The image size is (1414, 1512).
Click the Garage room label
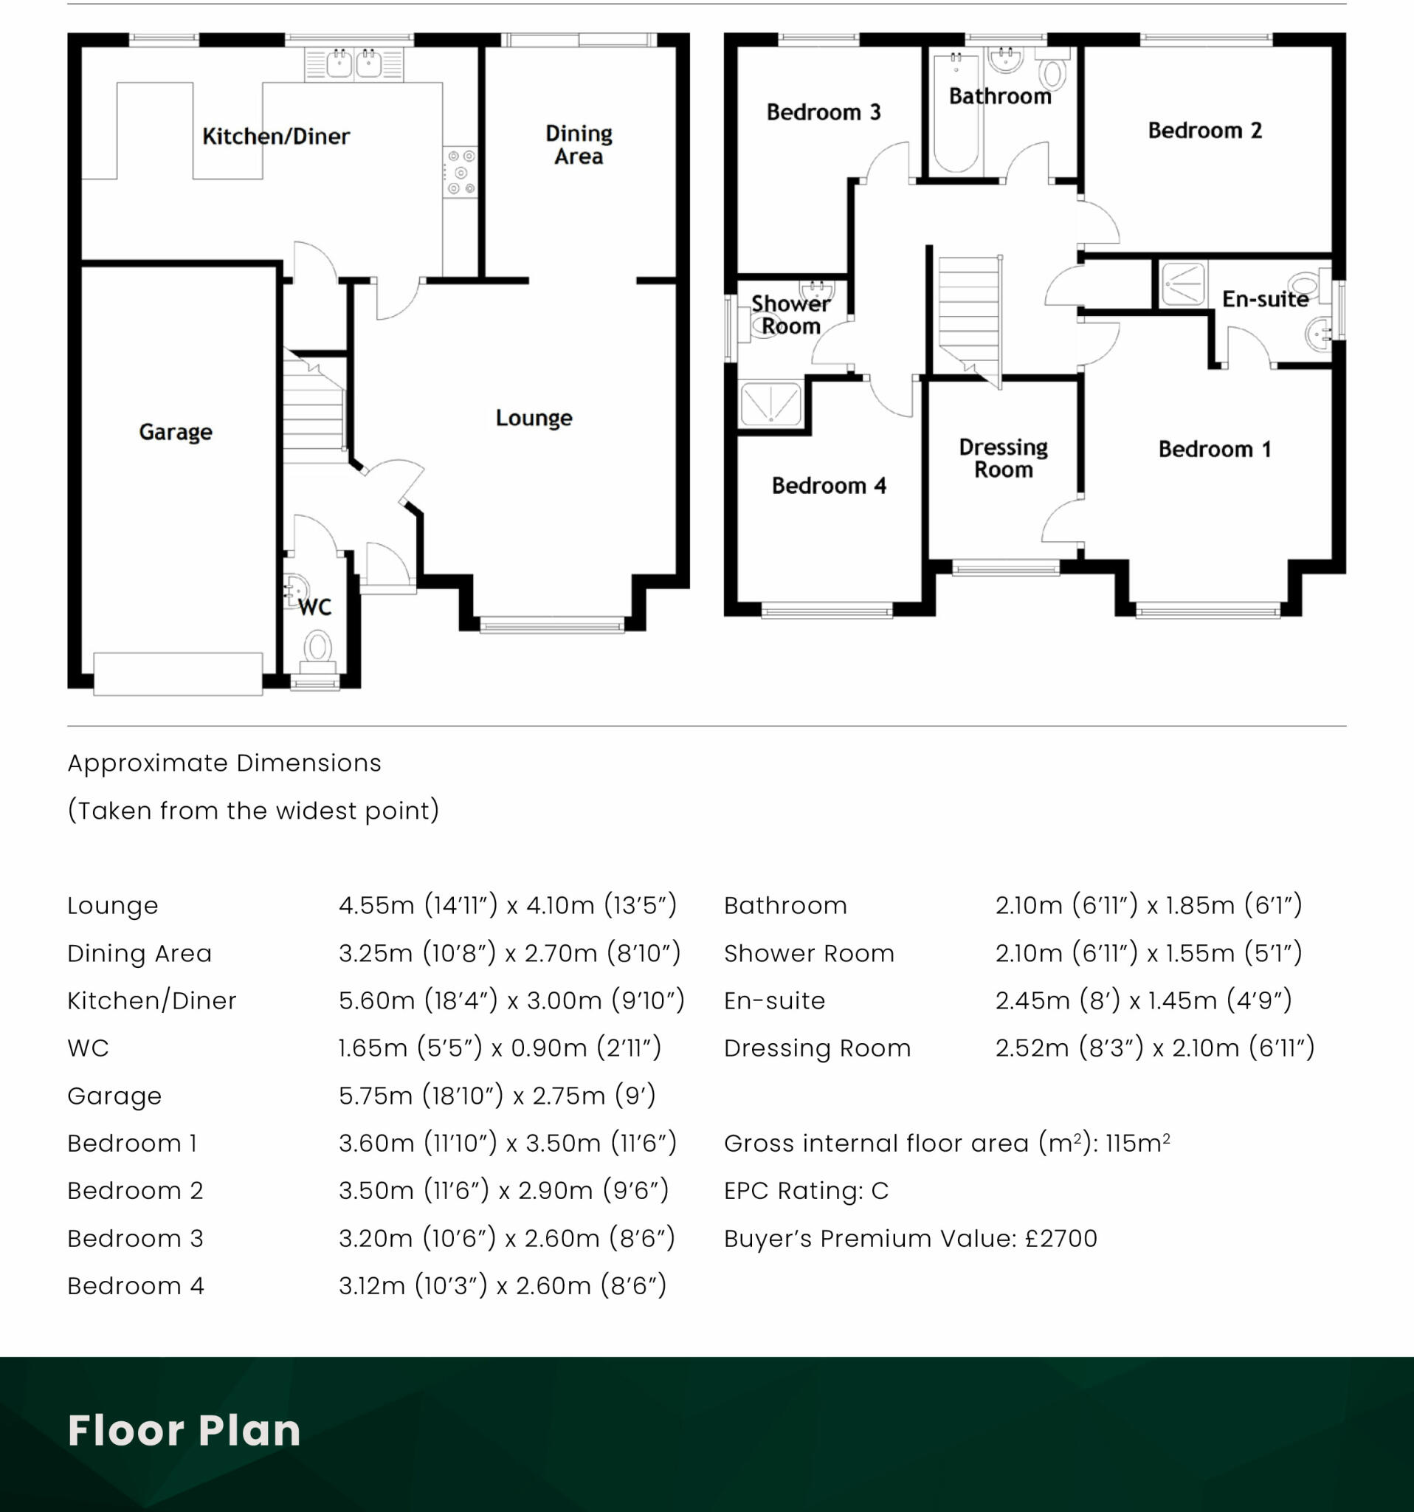point(176,432)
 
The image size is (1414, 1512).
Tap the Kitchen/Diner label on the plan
point(276,136)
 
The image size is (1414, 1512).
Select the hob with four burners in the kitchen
point(461,172)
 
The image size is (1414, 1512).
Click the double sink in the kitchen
point(353,64)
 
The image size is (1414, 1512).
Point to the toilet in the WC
point(317,649)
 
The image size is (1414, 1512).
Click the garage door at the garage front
point(178,673)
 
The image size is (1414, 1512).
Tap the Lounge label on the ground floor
point(534,418)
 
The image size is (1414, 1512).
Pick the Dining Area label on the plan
point(579,145)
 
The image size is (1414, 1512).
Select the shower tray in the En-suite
point(1183,283)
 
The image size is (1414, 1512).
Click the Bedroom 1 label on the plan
point(1214,449)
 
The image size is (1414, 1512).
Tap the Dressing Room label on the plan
point(1004,458)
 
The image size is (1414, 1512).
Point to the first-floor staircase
point(968,316)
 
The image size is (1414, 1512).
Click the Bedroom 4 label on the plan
point(829,485)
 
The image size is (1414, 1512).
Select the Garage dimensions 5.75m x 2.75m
point(497,1095)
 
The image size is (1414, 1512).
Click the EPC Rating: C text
point(806,1190)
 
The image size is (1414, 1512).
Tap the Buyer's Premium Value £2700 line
point(910,1238)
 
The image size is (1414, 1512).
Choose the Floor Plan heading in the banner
point(184,1430)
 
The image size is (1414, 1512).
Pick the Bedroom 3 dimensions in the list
point(506,1238)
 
